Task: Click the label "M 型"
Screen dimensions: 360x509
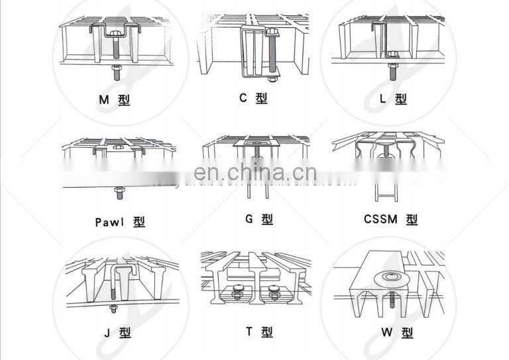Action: tap(114, 101)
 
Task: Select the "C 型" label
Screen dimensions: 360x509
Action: tap(253, 99)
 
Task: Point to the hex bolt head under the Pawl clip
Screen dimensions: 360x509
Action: tap(118, 193)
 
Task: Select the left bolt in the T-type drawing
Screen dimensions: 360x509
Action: tap(237, 290)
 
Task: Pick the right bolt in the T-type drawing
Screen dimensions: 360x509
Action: tap(274, 290)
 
